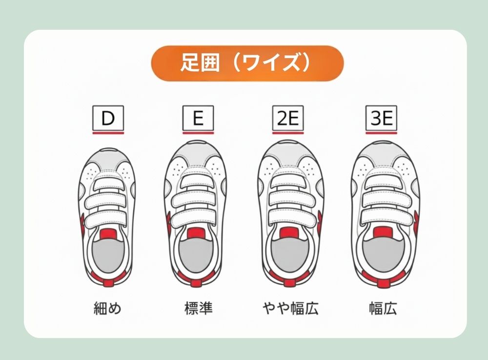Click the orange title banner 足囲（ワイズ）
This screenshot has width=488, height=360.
pos(247,63)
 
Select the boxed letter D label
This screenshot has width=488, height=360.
pos(108,118)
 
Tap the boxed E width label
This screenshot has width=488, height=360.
pos(198,118)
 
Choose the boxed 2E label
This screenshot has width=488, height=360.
pos(288,118)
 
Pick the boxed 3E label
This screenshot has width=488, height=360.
pos(381,118)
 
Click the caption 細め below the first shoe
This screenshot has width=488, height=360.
pos(107,308)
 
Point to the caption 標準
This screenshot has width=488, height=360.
pos(198,308)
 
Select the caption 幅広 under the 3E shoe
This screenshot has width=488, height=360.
pos(383,308)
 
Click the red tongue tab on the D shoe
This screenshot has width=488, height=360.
pos(108,234)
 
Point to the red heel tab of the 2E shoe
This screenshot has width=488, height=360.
pos(289,282)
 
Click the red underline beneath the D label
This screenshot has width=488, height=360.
pos(108,133)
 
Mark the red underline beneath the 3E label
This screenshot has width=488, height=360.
pos(381,133)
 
